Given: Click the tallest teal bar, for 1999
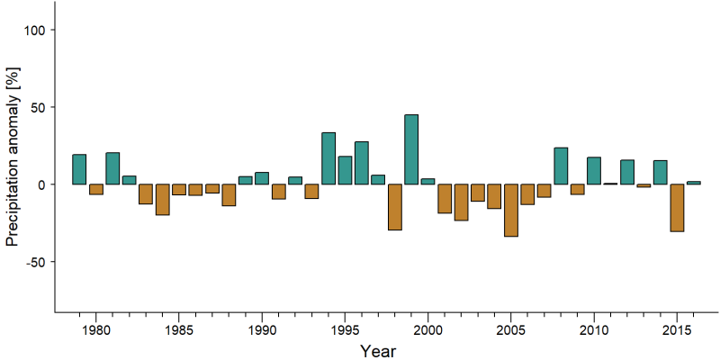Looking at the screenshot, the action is (411, 149).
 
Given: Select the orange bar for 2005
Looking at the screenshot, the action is (511, 211).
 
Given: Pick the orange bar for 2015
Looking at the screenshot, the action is (677, 208).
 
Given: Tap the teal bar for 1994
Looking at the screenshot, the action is (328, 158).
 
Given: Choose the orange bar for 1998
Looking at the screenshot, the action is (395, 207).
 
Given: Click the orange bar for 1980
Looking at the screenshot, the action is (96, 189).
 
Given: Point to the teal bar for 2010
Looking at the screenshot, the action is (594, 171).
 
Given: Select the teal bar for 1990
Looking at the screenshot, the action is (262, 178).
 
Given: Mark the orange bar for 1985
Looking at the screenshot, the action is (179, 190).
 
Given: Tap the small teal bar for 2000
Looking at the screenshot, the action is (427, 182).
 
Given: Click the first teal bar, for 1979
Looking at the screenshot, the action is (79, 169).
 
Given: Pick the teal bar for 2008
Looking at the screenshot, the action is (561, 166).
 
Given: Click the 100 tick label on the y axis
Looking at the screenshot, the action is (33, 30).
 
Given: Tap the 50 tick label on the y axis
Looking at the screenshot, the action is (37, 107).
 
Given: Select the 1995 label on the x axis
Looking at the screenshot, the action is (345, 330).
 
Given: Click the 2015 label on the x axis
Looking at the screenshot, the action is (677, 330).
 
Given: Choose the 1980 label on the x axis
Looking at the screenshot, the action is (96, 330).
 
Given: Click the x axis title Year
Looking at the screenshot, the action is (378, 351).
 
